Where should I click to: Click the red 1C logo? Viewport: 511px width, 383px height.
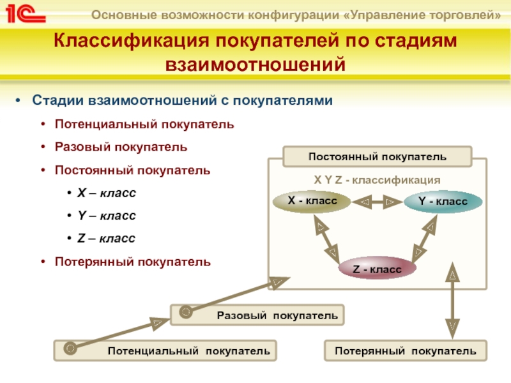[x=26, y=14]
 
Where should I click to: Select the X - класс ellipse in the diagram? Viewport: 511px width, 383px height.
[x=312, y=201]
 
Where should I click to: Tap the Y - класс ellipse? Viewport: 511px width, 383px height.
[x=443, y=202]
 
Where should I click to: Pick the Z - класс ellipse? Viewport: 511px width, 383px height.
[x=377, y=268]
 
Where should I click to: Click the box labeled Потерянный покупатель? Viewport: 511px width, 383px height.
[x=406, y=350]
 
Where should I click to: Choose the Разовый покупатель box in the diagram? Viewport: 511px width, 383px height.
[x=257, y=315]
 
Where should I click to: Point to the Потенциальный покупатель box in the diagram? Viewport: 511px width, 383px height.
[x=165, y=350]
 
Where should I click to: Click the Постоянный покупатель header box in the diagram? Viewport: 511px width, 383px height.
[x=378, y=156]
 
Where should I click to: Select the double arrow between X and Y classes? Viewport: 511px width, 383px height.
[x=378, y=202]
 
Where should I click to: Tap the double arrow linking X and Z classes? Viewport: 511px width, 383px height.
[x=326, y=239]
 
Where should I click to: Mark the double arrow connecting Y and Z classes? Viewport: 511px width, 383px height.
[x=424, y=239]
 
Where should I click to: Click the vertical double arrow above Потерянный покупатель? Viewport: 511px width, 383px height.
[x=452, y=300]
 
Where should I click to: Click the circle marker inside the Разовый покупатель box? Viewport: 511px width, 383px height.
[x=186, y=312]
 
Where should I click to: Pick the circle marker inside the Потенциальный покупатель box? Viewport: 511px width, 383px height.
[x=70, y=348]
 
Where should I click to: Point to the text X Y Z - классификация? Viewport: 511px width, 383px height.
[x=377, y=180]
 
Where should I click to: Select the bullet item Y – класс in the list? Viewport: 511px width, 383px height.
[x=107, y=215]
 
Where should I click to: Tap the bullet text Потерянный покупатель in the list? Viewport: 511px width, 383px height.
[x=133, y=262]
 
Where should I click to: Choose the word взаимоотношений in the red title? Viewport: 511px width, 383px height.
[x=255, y=64]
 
